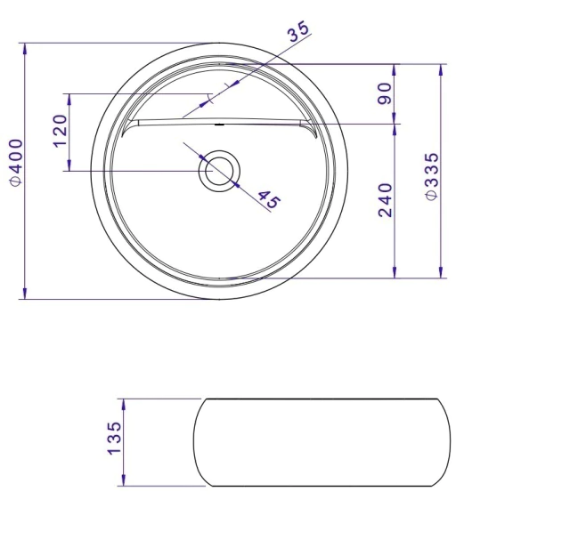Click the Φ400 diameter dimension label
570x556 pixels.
coord(16,162)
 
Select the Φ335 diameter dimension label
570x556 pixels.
coord(432,176)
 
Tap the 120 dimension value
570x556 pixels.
coord(61,131)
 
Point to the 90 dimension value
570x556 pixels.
coord(385,93)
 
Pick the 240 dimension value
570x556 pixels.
coord(386,200)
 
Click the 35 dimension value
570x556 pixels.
coord(298,31)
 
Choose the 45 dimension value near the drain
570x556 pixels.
coord(270,199)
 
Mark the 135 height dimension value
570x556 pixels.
coord(114,438)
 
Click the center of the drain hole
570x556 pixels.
coord(219,171)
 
